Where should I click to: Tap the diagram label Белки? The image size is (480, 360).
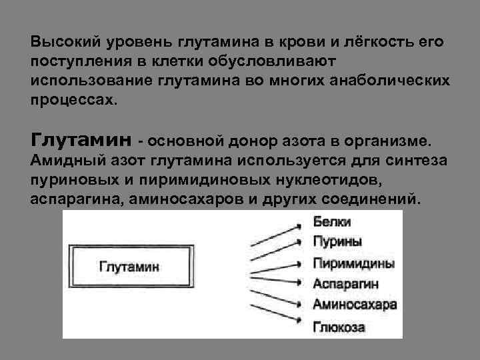pyautogui.click(x=331, y=222)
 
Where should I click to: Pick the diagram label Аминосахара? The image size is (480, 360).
pyautogui.click(x=355, y=305)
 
